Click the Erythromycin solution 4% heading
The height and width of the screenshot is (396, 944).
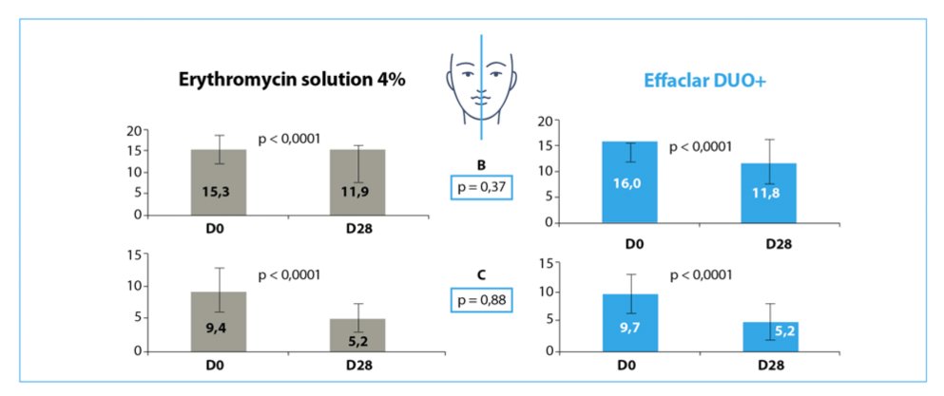tap(293, 80)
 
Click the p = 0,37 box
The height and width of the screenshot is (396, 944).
tap(482, 187)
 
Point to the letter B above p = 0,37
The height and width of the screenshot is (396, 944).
tap(482, 163)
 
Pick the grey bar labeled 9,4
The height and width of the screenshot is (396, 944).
tap(219, 322)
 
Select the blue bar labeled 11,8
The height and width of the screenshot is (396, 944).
tap(769, 194)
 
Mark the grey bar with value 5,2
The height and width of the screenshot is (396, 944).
tap(357, 335)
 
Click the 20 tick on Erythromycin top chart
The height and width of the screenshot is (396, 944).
tap(135, 130)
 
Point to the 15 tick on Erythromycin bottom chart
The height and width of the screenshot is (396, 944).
tap(135, 254)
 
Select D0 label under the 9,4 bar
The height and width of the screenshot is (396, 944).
tap(219, 366)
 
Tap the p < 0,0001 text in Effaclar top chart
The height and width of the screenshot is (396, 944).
tap(701, 147)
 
